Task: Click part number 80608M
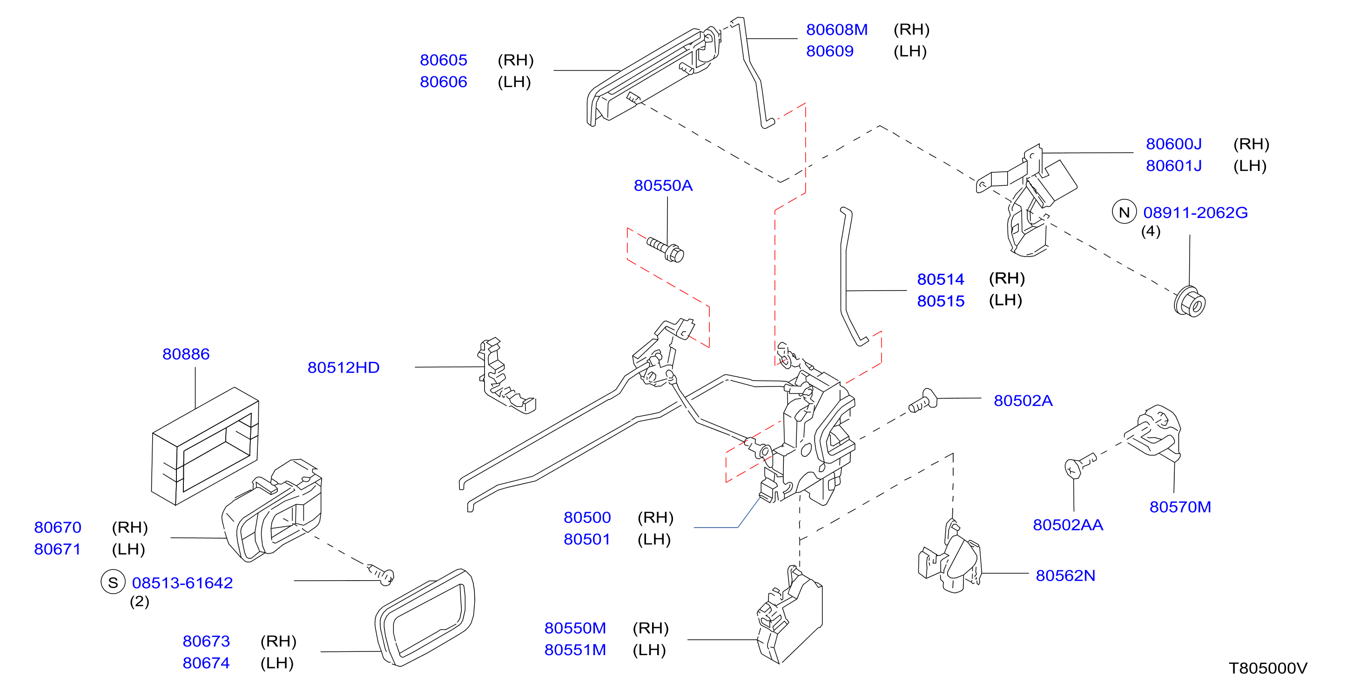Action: [837, 30]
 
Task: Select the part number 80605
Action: [444, 60]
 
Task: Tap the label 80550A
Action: [663, 185]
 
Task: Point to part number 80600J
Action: [1174, 144]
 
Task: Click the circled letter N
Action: [1124, 212]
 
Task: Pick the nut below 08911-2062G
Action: [1190, 302]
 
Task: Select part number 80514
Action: [940, 279]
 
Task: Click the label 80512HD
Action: [343, 368]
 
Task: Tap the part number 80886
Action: [186, 354]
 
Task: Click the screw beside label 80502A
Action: [922, 401]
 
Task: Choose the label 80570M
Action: [1180, 507]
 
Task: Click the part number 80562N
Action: [1065, 576]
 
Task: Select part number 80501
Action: [586, 539]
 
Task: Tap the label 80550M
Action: [575, 628]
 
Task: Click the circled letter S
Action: [113, 582]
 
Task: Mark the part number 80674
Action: [206, 663]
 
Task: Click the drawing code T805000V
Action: [1268, 668]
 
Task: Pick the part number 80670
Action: [58, 527]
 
